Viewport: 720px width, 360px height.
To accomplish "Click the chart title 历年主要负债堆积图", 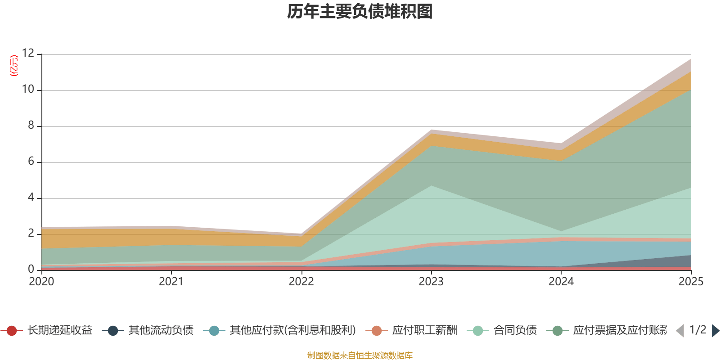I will pos(360,12).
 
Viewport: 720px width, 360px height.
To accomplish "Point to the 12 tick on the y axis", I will pos(28,54).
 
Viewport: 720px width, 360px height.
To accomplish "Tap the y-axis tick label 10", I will pos(28,90).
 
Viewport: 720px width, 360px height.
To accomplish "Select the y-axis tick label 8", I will pos(31,126).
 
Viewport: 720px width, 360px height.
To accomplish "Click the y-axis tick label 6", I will pos(31,162).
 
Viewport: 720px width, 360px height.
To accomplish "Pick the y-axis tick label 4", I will pos(31,198).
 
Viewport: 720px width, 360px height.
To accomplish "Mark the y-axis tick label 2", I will pos(31,234).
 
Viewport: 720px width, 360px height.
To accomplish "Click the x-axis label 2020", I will pos(41,282).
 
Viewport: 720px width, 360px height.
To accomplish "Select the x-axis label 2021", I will pos(171,282).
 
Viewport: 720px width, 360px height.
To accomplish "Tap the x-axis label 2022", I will pos(301,282).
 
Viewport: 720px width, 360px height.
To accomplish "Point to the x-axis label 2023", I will pos(431,282).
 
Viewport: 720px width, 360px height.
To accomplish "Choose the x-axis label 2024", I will pos(561,282).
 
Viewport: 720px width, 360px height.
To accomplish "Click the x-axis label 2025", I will pos(690,282).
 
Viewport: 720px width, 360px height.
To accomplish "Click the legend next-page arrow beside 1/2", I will pos(715,331).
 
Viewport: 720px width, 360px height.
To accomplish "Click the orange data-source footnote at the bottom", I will pos(360,355).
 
